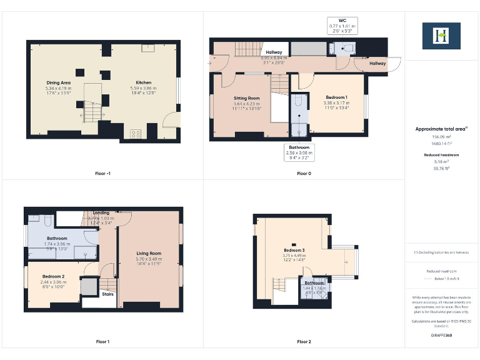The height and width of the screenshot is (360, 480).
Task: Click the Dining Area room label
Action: [57, 82]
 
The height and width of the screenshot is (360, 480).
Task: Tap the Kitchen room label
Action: [144, 82]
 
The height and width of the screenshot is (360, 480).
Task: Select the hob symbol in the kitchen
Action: [135, 133]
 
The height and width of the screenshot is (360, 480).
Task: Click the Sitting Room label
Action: [247, 99]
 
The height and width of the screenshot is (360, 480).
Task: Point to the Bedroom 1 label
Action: [337, 97]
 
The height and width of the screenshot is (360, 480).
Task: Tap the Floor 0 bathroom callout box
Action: [299, 151]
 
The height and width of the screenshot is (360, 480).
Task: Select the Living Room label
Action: [149, 253]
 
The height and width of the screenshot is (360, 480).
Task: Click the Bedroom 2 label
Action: [54, 276]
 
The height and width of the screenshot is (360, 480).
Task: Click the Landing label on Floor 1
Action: [101, 213]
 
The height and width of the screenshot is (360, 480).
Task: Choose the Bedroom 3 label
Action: [294, 250]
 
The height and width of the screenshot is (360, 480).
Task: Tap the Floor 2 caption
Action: [304, 342]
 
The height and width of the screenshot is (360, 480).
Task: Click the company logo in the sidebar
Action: [441, 36]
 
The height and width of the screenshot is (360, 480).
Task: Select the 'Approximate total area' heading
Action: [441, 129]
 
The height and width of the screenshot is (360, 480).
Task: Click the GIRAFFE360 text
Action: [441, 336]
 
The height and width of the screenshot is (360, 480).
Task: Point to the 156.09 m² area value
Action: [441, 136]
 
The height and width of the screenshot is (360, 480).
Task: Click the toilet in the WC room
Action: [349, 47]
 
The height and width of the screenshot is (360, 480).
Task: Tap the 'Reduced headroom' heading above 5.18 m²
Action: [441, 154]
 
